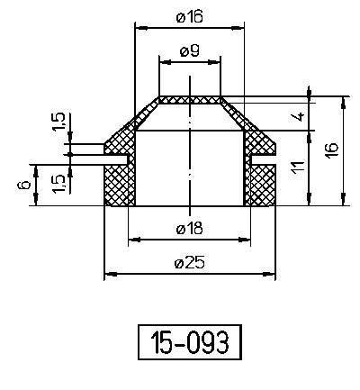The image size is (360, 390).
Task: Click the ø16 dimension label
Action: pos(189,17)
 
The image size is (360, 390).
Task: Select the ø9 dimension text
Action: pos(189,51)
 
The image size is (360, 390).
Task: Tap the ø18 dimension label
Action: pos(189,229)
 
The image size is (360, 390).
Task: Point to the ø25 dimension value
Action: pos(189,262)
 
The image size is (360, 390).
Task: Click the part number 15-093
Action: pos(189,343)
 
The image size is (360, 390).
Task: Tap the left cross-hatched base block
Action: pos(118,186)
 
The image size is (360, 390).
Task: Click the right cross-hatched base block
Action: pos(261,186)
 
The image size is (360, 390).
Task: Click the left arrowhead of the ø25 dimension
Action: pos(109,273)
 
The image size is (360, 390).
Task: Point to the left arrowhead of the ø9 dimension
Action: pos(163,61)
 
